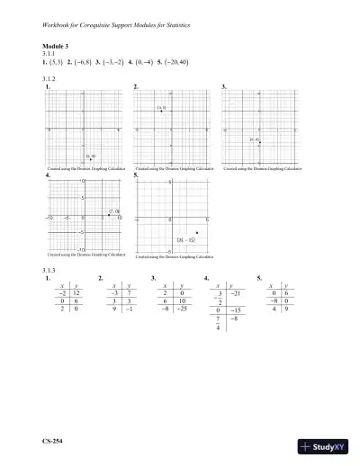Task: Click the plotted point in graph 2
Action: [161, 111]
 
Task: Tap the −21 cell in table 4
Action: [236, 294]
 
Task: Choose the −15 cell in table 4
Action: [237, 310]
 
